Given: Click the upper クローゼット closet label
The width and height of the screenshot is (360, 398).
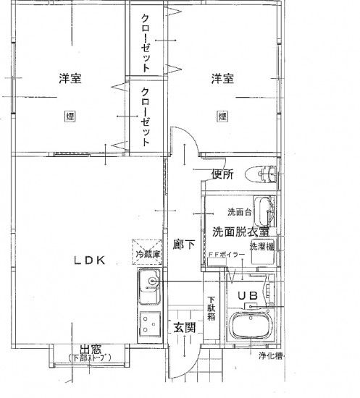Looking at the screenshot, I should point(146,42).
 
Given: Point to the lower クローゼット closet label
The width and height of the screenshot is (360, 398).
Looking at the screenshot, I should point(146,116).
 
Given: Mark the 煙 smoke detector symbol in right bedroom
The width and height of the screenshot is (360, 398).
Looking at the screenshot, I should point(222,114).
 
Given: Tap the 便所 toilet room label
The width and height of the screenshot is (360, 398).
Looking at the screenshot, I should point(222,174).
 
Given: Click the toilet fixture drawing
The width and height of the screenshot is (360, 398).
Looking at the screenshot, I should point(262,174).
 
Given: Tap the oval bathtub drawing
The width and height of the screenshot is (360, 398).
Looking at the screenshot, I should point(251,328).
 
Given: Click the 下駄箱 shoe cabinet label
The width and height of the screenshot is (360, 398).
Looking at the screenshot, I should point(212,308).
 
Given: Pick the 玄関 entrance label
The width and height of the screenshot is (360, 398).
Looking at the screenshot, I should point(184,328).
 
